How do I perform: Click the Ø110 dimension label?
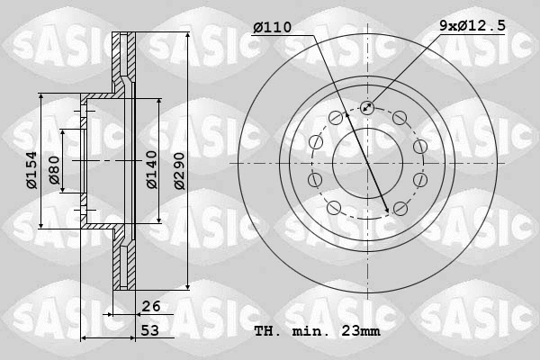(x=272, y=28)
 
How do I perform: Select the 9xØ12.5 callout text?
(x=472, y=28)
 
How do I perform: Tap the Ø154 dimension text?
(x=31, y=170)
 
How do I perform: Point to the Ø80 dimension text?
(x=54, y=170)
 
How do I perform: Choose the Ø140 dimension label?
(x=152, y=169)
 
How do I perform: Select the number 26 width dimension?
(x=151, y=306)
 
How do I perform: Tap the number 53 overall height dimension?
(x=151, y=331)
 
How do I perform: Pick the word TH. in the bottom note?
(x=267, y=331)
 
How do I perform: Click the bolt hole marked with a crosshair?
(x=366, y=108)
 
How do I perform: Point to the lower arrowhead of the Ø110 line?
(x=387, y=210)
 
